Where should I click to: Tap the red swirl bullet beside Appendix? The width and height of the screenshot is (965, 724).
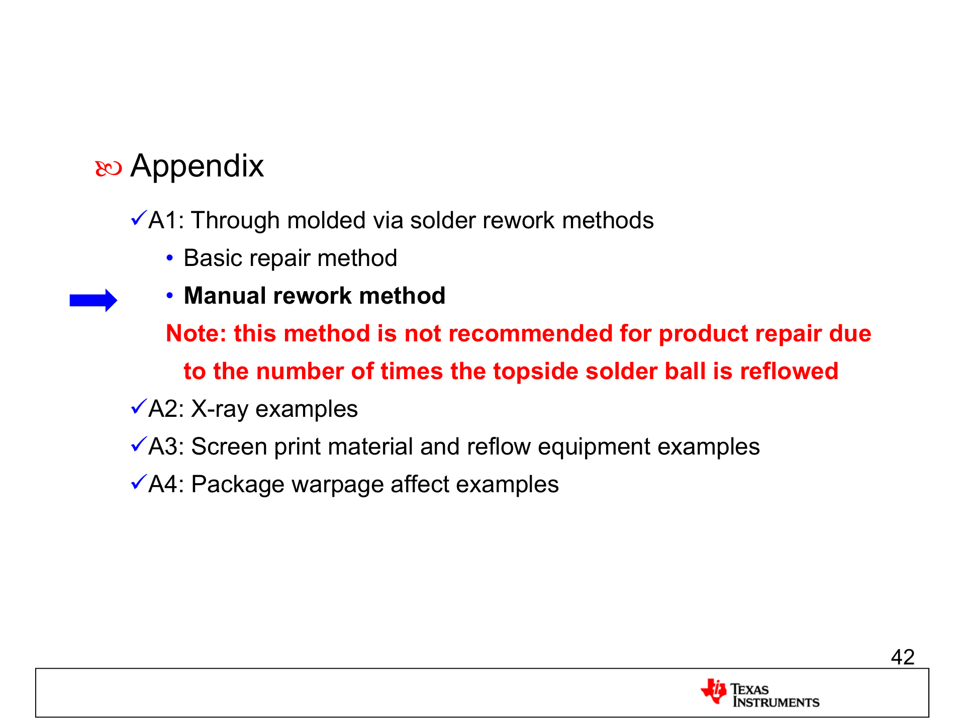(x=109, y=169)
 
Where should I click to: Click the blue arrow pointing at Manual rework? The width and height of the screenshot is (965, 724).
(x=93, y=300)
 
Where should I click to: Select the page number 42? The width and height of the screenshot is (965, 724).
(x=903, y=657)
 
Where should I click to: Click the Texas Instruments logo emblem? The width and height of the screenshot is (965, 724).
(x=714, y=691)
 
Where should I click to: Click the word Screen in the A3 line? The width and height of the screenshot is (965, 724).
(x=229, y=447)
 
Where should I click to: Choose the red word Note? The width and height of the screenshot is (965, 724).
(x=197, y=334)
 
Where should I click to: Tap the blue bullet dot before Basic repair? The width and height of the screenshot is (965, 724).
(x=170, y=258)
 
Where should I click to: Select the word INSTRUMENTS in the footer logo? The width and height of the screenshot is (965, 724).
(x=776, y=702)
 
